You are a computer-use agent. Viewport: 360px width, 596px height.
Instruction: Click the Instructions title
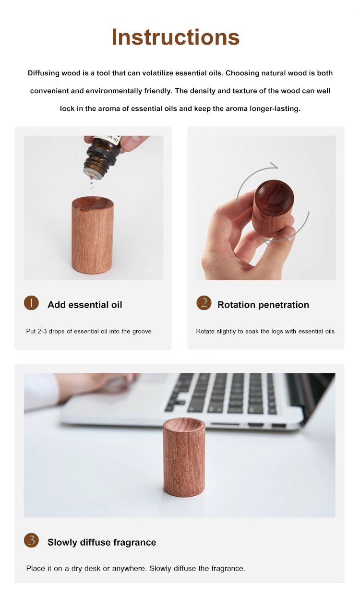176,37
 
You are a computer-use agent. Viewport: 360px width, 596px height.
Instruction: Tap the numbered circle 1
31,303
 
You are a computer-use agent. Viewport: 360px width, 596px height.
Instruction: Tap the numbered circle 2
204,303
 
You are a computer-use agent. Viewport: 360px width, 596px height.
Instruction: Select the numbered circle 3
31,540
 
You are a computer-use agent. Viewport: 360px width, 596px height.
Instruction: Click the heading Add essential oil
84,305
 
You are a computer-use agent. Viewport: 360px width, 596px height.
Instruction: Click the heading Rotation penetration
263,305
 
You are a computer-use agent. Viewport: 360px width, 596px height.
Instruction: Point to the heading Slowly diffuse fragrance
102,542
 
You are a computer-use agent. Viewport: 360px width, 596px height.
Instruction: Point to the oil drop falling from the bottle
92,184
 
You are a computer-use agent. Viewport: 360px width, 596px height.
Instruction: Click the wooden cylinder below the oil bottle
93,235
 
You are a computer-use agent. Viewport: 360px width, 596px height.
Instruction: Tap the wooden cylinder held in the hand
273,207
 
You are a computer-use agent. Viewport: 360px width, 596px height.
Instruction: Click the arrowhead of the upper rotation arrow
275,166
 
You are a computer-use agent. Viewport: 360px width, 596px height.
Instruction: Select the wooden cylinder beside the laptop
184,457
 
